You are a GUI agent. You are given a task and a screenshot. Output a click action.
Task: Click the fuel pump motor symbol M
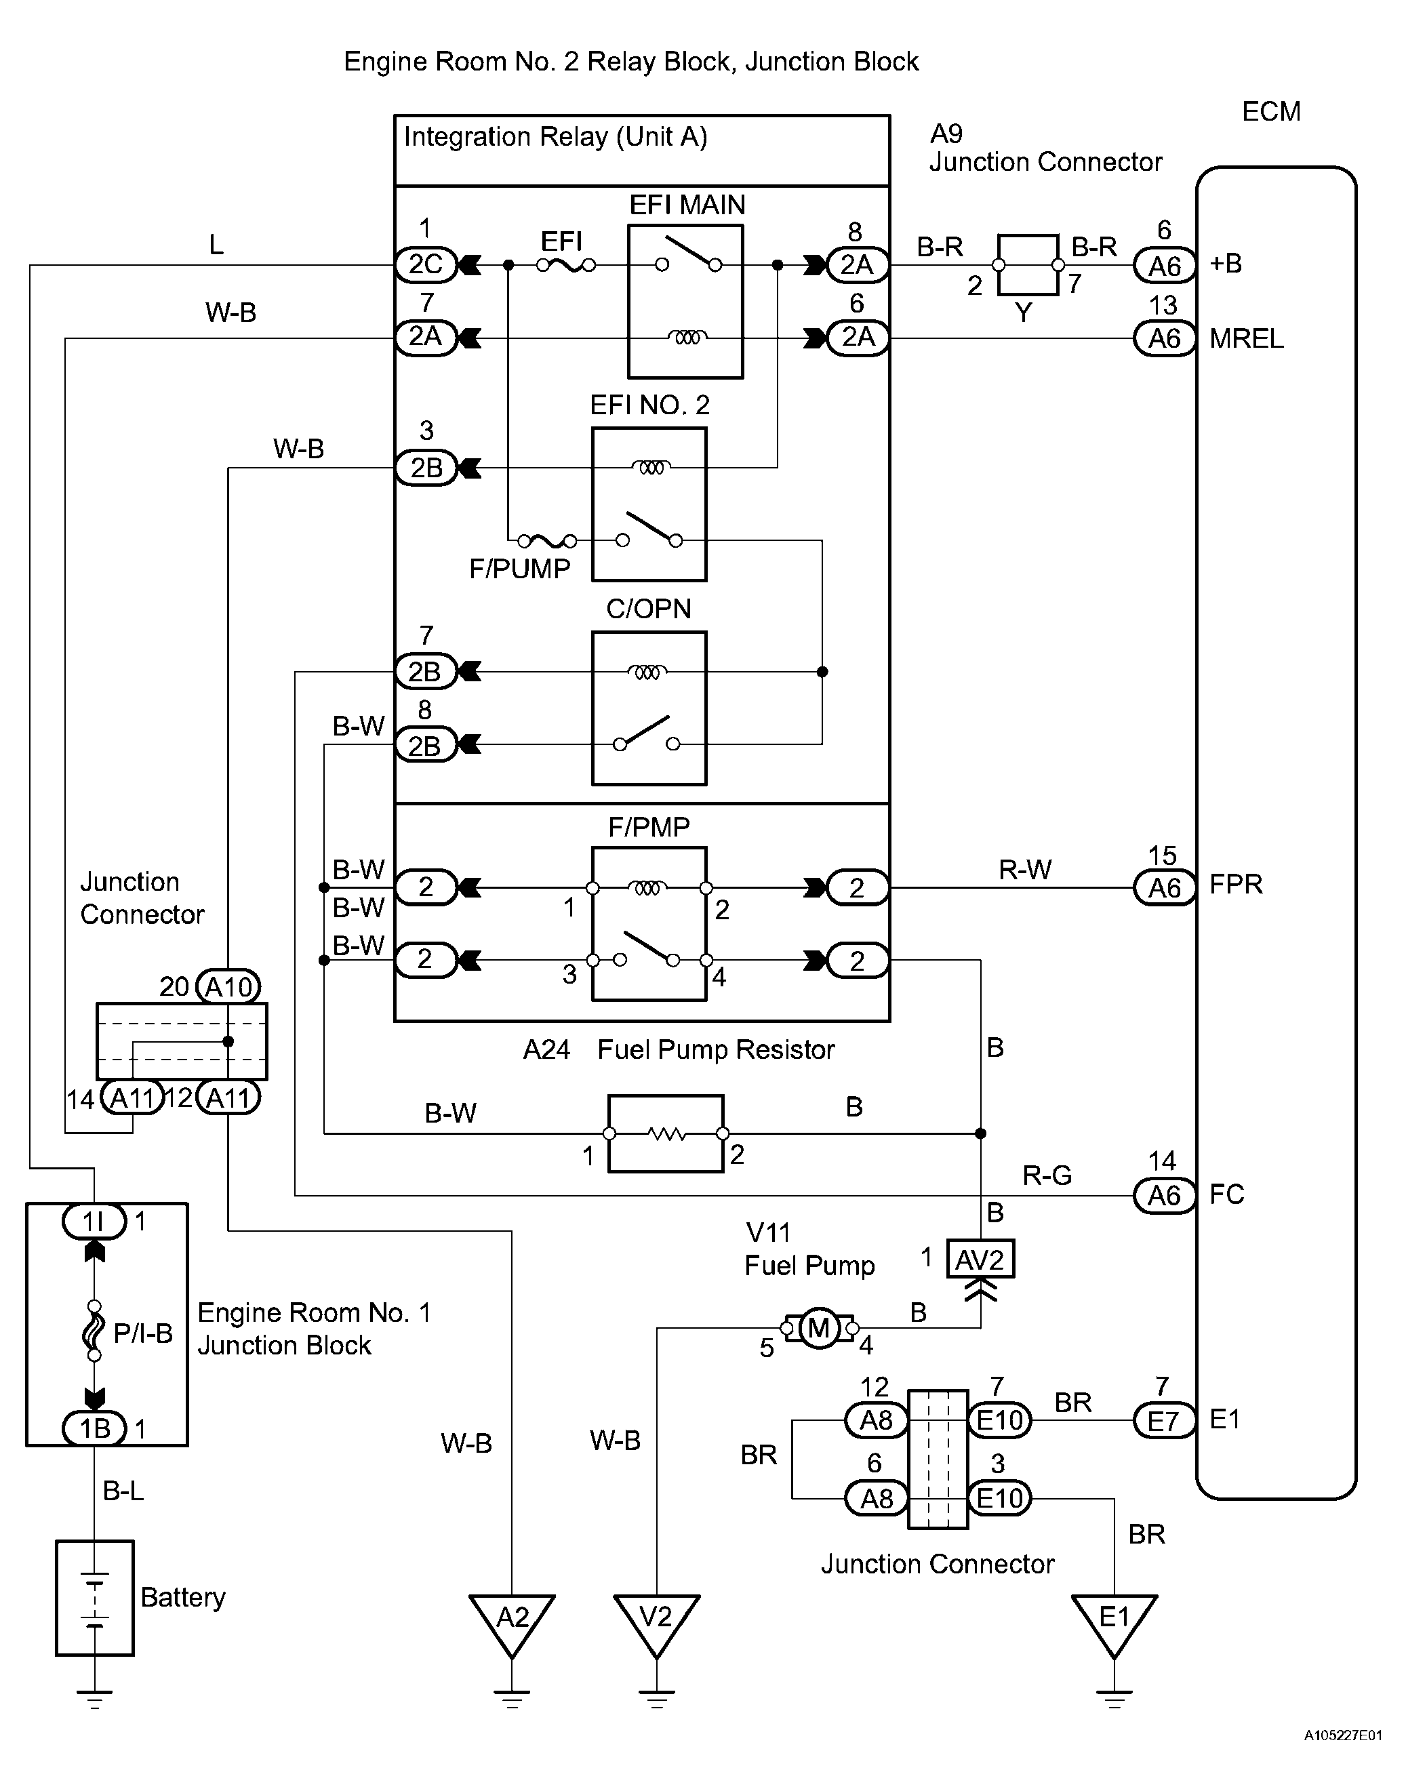(x=819, y=1327)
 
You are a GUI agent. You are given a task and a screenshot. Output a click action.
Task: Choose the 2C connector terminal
(x=426, y=264)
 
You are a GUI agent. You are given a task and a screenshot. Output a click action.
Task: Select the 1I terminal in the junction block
(x=94, y=1222)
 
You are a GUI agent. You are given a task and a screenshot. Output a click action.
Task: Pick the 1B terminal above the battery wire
(x=94, y=1428)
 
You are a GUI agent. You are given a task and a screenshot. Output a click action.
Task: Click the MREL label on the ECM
(x=1246, y=338)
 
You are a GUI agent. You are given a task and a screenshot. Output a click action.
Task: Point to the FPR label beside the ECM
(x=1236, y=885)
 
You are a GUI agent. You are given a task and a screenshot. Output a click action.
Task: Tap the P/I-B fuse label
(x=143, y=1333)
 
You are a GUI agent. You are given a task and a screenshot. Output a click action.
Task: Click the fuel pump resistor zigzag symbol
(x=666, y=1134)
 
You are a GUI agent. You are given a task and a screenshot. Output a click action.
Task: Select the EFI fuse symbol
(x=566, y=265)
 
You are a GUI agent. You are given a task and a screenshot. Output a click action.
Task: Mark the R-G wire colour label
(x=1047, y=1175)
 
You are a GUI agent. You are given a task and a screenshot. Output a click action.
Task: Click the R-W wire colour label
(x=1025, y=869)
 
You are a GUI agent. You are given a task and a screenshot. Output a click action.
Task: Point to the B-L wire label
(x=123, y=1491)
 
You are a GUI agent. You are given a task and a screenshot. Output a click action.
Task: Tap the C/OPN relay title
(x=649, y=609)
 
